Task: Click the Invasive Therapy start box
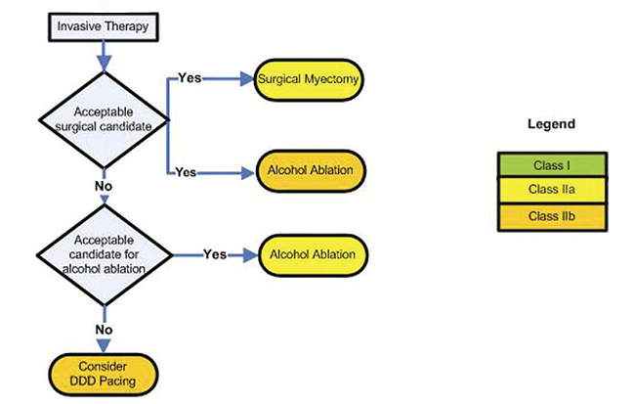pos(100,26)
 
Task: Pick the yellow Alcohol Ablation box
pos(312,255)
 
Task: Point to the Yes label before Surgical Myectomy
pos(190,78)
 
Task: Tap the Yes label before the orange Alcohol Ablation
pos(186,172)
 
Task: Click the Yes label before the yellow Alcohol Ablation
pos(215,254)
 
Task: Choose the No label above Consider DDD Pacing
pos(104,330)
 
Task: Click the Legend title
pos(551,124)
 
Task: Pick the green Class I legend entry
pos(552,162)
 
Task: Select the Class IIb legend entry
pos(552,213)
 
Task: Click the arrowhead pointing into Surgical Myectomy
pos(248,80)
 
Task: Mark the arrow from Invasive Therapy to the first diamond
pos(102,56)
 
